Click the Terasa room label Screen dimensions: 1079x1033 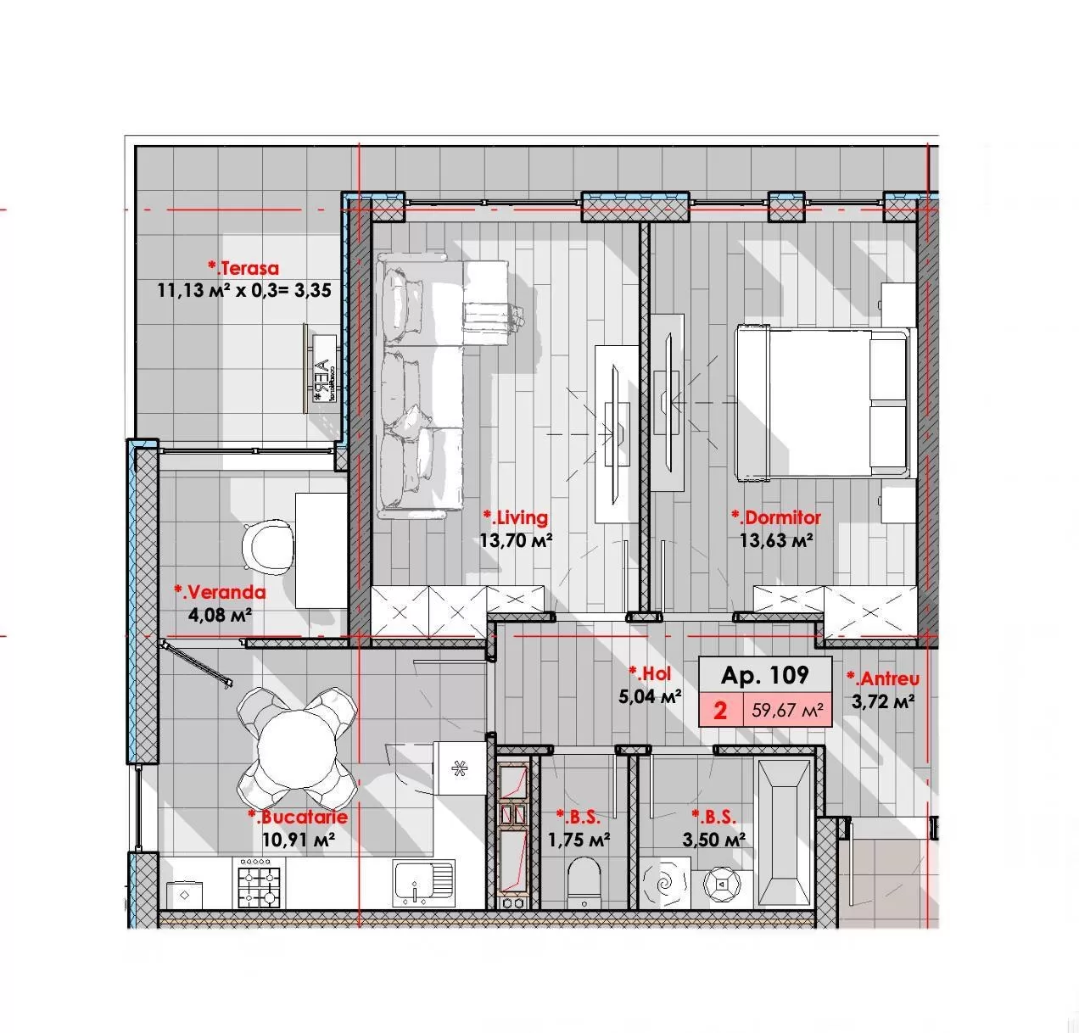click(243, 268)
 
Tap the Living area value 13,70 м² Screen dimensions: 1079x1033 click(516, 539)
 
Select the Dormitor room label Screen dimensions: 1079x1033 click(775, 517)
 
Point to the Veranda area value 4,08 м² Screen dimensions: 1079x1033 click(220, 614)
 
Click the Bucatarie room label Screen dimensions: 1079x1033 click(298, 817)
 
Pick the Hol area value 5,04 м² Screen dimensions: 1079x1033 click(650, 696)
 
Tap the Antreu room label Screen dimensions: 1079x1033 click(883, 678)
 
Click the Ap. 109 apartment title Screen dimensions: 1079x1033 click(764, 675)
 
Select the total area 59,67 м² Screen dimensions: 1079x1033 click(787, 710)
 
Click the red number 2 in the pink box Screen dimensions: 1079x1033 click(720, 710)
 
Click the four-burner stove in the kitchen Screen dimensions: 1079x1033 click(259, 882)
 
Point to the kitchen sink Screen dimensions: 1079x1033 click(424, 883)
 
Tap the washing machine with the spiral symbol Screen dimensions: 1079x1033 click(667, 882)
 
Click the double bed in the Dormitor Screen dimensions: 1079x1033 click(825, 403)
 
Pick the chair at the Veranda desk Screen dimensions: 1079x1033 click(267, 547)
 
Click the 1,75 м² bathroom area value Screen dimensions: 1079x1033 click(579, 840)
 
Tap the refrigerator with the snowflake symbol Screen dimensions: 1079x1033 click(460, 768)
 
